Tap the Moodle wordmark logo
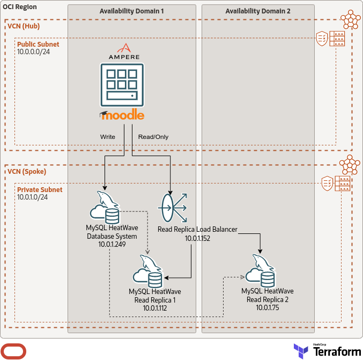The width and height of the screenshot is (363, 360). pyautogui.click(x=122, y=115)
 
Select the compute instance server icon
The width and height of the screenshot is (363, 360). pyautogui.click(x=122, y=85)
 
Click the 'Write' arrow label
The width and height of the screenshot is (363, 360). pyautogui.click(x=108, y=137)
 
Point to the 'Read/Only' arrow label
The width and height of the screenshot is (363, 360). pyautogui.click(x=153, y=137)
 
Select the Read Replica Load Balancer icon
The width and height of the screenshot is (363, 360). pyautogui.click(x=172, y=208)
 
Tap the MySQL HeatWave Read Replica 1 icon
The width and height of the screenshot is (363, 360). pyautogui.click(x=147, y=271)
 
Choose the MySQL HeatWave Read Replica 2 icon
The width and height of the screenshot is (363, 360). pyautogui.click(x=260, y=271)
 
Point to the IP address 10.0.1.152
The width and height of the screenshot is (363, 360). pyautogui.click(x=198, y=238)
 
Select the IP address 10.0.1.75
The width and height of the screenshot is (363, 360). pyautogui.click(x=268, y=307)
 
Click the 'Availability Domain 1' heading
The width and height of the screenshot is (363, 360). pyautogui.click(x=131, y=11)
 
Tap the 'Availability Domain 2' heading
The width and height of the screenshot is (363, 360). pyautogui.click(x=257, y=11)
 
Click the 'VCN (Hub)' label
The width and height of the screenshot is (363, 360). pyautogui.click(x=24, y=26)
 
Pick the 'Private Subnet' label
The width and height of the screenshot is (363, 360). pyautogui.click(x=40, y=190)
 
